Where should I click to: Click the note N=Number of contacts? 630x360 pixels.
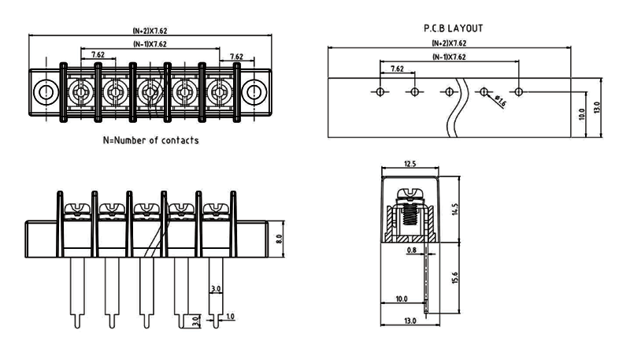[x=150, y=141]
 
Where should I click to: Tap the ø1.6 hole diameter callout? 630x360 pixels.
[x=499, y=100]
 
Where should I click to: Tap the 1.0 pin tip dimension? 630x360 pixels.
[x=230, y=317]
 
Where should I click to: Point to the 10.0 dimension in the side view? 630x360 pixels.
[x=402, y=299]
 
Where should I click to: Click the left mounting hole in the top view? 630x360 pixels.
[x=45, y=93]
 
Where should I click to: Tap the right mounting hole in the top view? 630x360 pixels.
[x=254, y=93]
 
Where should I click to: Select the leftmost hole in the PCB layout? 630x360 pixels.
[x=380, y=92]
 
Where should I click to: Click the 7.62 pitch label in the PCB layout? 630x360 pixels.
[x=397, y=69]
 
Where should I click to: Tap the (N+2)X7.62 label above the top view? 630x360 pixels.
[x=149, y=31]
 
